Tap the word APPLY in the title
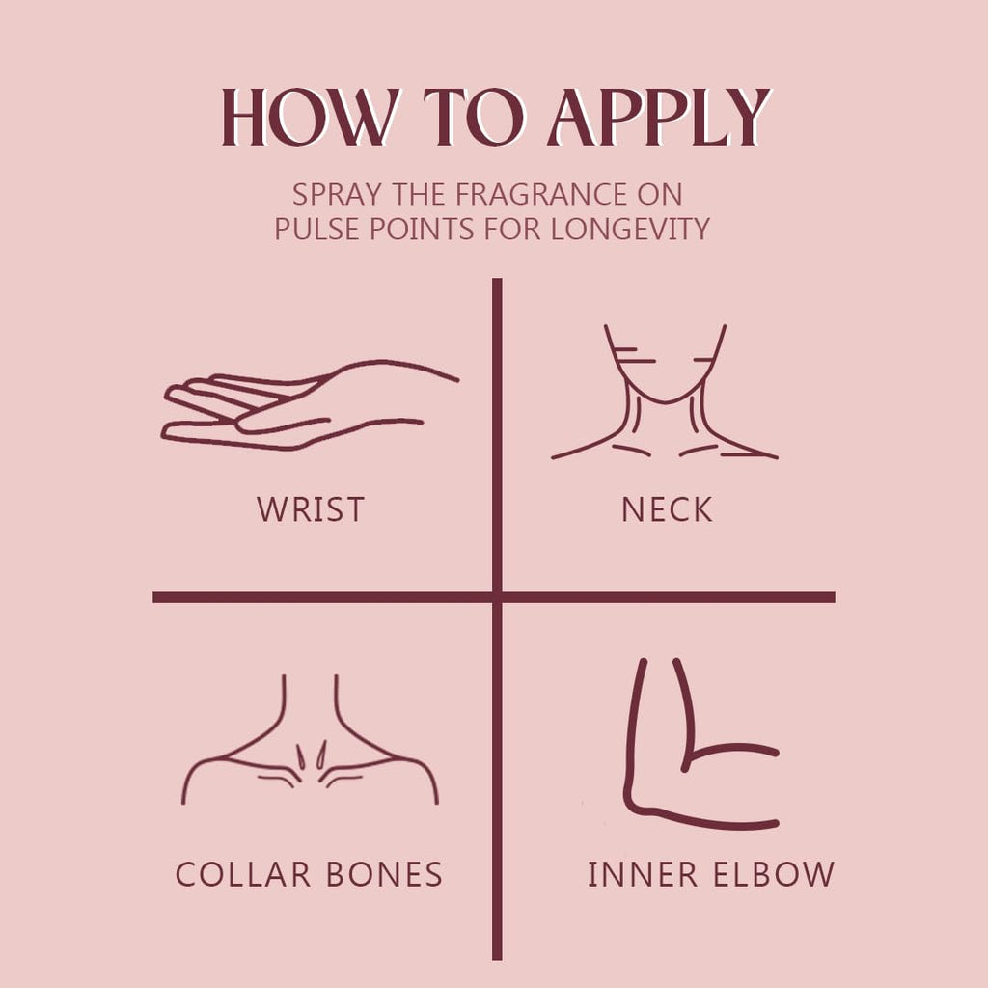pyautogui.click(x=659, y=117)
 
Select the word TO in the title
pyautogui.click(x=474, y=117)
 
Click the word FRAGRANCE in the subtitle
pyautogui.click(x=541, y=194)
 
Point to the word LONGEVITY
pyautogui.click(x=630, y=229)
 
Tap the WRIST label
pyautogui.click(x=311, y=509)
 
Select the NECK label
pyautogui.click(x=667, y=509)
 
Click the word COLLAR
pyautogui.click(x=243, y=874)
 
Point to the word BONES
pyautogui.click(x=384, y=874)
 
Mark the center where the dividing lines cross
pyautogui.click(x=497, y=596)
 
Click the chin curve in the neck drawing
pyautogui.click(x=666, y=400)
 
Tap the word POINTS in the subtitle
pyautogui.click(x=421, y=229)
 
